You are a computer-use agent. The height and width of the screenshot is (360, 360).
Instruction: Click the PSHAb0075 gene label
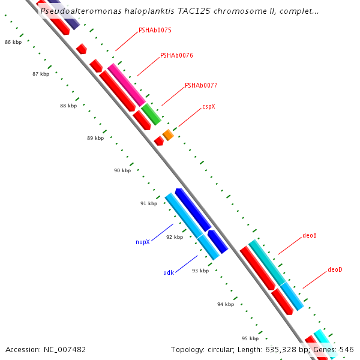pyautogui.click(x=155, y=29)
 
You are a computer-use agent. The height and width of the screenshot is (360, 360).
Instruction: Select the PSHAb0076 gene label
pyautogui.click(x=176, y=55)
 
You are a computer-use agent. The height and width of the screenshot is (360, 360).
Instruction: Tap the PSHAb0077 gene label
pyautogui.click(x=201, y=85)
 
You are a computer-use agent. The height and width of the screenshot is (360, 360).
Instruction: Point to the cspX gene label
pyautogui.click(x=208, y=106)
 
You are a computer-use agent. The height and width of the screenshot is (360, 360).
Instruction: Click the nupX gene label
pyautogui.click(x=142, y=242)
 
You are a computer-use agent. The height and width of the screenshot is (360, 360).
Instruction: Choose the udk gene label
pyautogui.click(x=169, y=272)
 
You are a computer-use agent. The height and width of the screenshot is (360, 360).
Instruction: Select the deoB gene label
pyautogui.click(x=310, y=235)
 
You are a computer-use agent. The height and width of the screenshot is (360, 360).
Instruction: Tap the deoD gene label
pyautogui.click(x=335, y=269)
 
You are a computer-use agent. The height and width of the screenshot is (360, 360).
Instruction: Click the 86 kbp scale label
pyautogui.click(x=13, y=43)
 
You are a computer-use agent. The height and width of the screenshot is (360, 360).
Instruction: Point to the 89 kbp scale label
pyautogui.click(x=95, y=138)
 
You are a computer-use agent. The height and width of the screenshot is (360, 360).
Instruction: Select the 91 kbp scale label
pyautogui.click(x=148, y=203)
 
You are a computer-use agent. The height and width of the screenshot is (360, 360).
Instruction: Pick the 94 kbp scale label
pyautogui.click(x=225, y=304)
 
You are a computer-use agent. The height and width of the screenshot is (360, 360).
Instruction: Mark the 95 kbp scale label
pyautogui.click(x=250, y=338)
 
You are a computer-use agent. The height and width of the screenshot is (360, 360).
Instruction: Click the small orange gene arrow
pyautogui.click(x=168, y=136)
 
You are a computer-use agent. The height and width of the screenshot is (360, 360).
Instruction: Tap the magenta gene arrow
pyautogui.click(x=127, y=85)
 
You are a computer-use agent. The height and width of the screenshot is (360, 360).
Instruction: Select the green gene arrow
pyautogui.click(x=151, y=114)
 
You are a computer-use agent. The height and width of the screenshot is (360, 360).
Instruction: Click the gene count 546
pyautogui.click(x=347, y=349)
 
